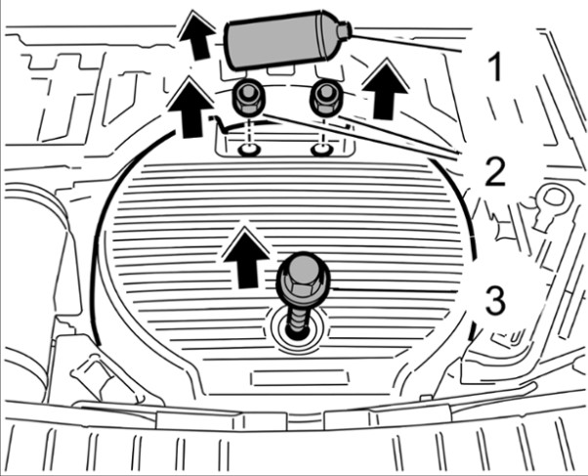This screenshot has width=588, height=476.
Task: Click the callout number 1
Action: [495, 66]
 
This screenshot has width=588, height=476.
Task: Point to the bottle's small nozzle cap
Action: [343, 31]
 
